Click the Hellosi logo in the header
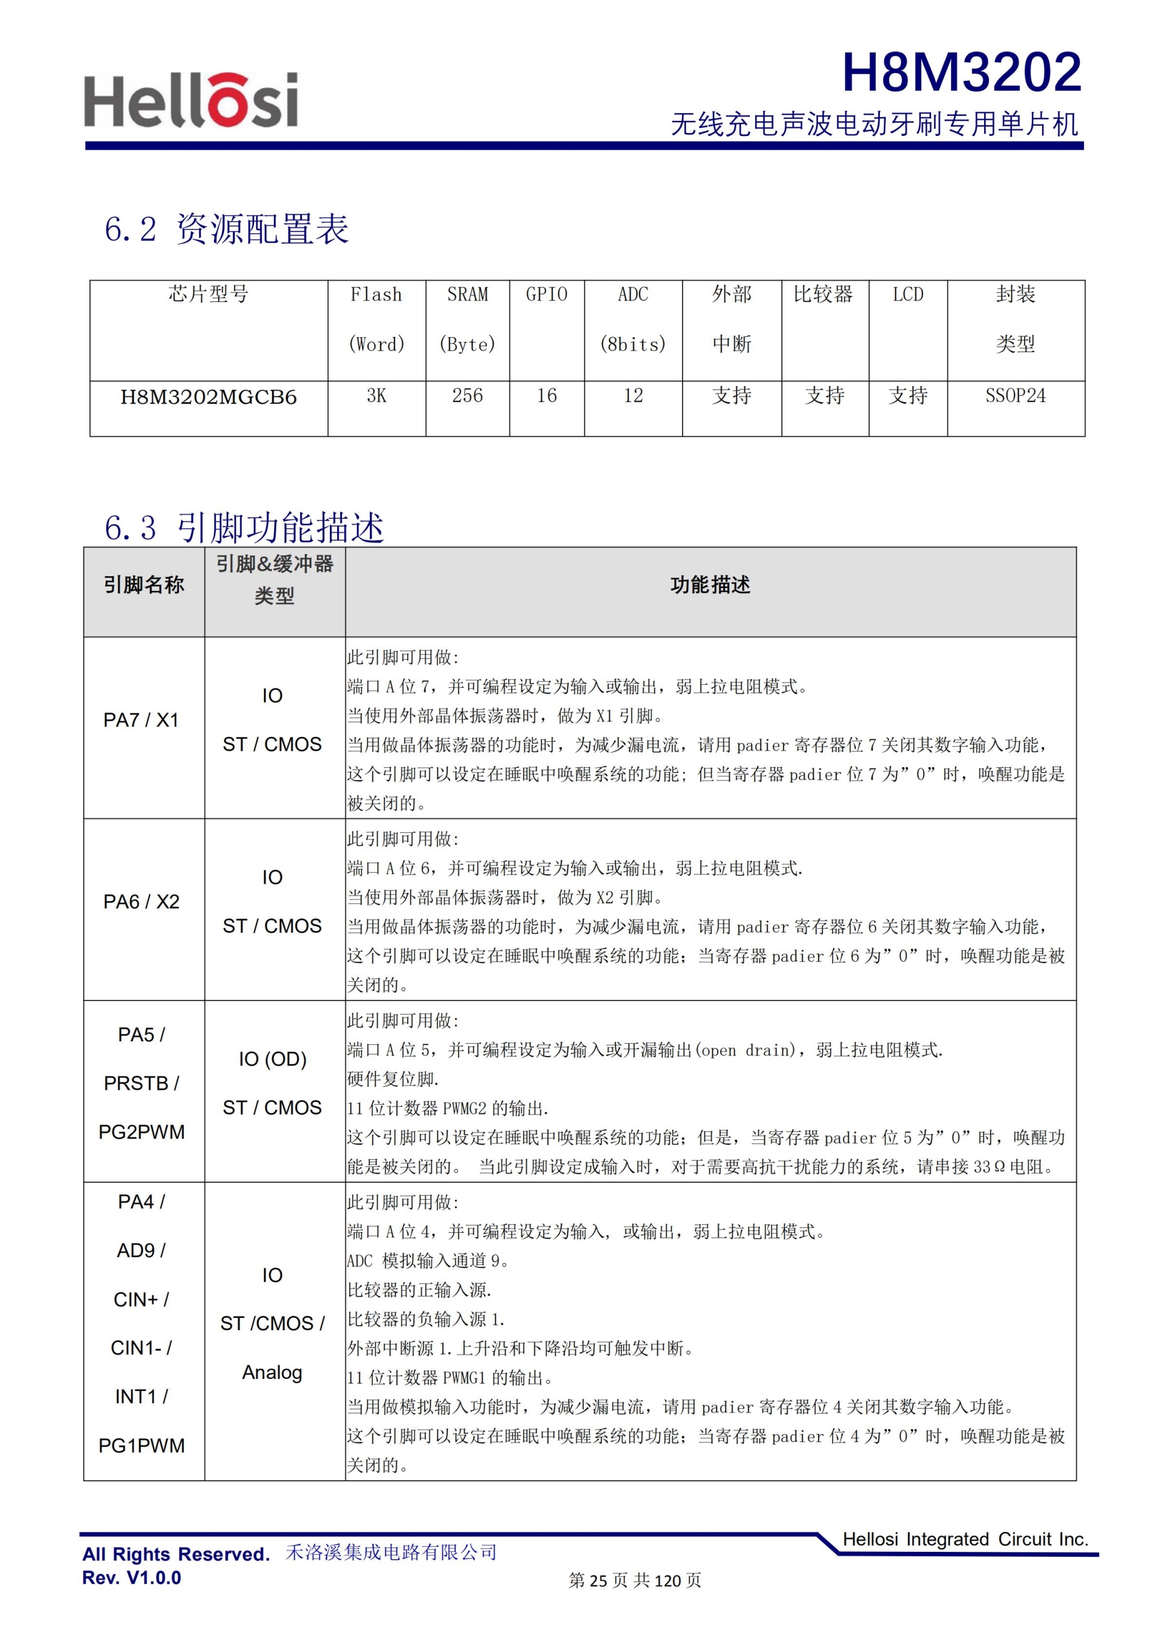pyautogui.click(x=191, y=102)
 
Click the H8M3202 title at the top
pyautogui.click(x=961, y=73)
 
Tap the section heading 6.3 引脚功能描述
pyautogui.click(x=243, y=528)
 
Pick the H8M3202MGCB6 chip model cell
pyautogui.click(x=208, y=397)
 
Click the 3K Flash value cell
pyautogui.click(x=376, y=396)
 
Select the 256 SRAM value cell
pyautogui.click(x=467, y=396)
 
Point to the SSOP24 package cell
pyautogui.click(x=1015, y=396)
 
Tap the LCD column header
pyautogui.click(x=908, y=294)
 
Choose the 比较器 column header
pyautogui.click(x=823, y=294)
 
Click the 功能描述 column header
pyautogui.click(x=710, y=585)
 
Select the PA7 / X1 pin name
pyautogui.click(x=141, y=720)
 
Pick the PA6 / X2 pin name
pyautogui.click(x=141, y=901)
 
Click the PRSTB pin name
pyautogui.click(x=141, y=1083)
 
